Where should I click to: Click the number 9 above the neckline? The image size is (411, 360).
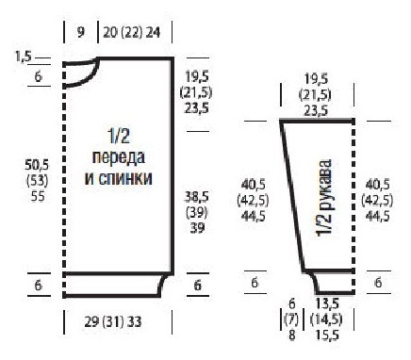pos(81,32)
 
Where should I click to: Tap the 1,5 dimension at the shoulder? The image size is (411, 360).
pos(23,57)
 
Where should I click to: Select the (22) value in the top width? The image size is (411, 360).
pos(131,32)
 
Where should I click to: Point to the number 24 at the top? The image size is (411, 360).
pos(153,32)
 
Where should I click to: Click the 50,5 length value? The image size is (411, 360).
pos(37,165)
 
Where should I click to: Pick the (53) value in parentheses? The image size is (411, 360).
pos(37,181)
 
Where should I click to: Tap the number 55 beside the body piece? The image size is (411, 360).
pos(38,196)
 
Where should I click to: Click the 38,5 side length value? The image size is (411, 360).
pos(196,197)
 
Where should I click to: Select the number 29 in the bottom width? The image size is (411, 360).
pos(91,321)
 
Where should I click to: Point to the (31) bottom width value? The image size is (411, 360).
pos(113,321)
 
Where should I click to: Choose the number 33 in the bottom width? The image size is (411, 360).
pos(135,321)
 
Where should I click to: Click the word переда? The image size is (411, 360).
pos(119,157)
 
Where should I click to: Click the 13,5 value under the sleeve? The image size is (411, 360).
pos(327,303)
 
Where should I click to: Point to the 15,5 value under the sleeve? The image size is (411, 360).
pos(327,335)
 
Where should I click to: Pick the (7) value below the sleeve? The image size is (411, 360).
pos(291,319)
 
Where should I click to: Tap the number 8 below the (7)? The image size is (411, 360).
pos(292,335)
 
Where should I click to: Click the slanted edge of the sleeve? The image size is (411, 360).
pos(292,196)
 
